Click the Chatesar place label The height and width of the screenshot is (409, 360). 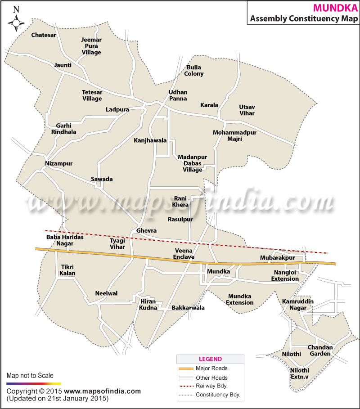tap(44, 35)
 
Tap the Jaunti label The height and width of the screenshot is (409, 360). tap(63, 65)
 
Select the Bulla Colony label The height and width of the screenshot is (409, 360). tap(194, 71)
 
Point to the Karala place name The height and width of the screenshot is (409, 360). tap(209, 105)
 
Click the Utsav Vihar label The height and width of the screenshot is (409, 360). tap(247, 110)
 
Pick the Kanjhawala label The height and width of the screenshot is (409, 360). tap(150, 140)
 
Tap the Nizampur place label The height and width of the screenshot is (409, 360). tap(58, 163)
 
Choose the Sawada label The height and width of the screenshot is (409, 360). tap(102, 179)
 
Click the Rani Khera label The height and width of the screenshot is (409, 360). tap(180, 202)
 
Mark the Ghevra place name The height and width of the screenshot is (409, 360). tap(147, 231)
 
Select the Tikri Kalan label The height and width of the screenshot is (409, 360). tap(67, 270)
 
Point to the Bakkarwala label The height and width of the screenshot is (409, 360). tap(188, 308)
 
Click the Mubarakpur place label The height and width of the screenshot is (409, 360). tap(277, 258)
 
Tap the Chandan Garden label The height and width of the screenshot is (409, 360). tap(320, 351)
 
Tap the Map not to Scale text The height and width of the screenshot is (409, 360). tap(30, 375)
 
